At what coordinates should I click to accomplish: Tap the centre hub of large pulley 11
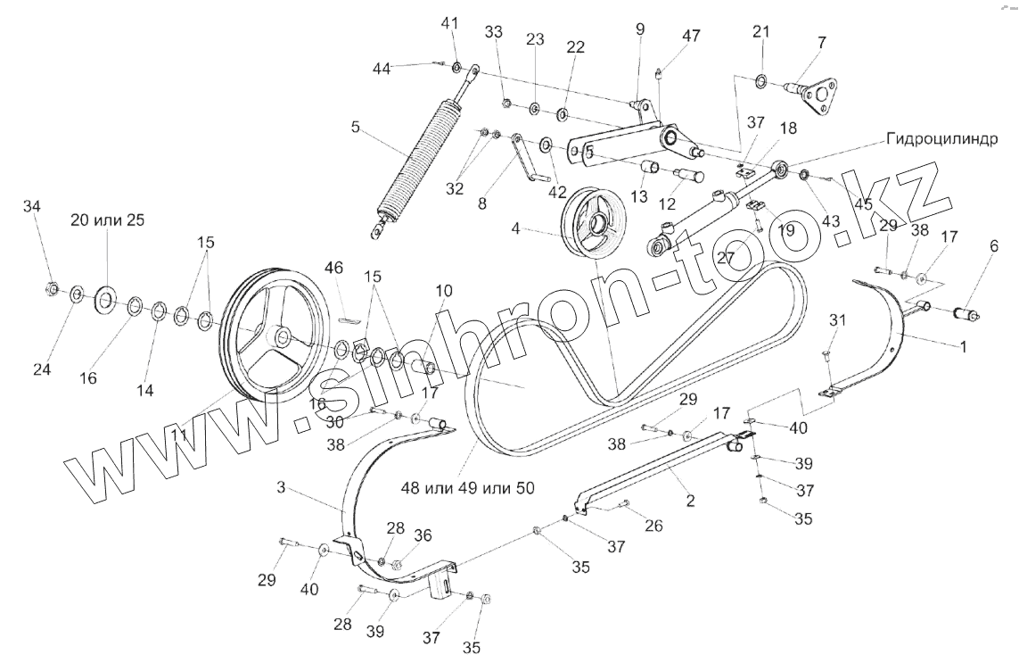(282, 336)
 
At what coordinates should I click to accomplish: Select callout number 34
(32, 207)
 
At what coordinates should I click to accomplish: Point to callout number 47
(691, 37)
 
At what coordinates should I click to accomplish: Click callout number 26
(653, 526)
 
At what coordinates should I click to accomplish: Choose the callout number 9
(639, 29)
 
